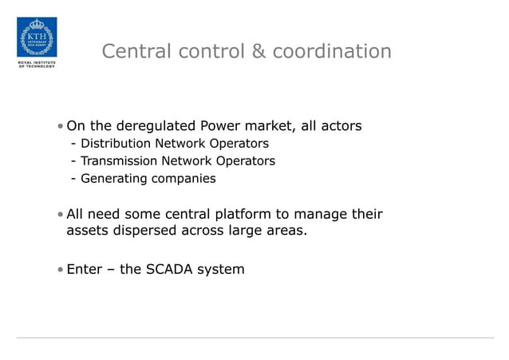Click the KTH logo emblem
point(37,37)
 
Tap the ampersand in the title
point(258,52)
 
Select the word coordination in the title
point(332,52)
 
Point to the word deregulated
point(156,126)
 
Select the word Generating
point(113,179)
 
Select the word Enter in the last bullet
point(85,270)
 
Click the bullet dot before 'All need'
point(61,215)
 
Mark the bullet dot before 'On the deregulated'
point(61,127)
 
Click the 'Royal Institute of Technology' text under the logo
point(37,65)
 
